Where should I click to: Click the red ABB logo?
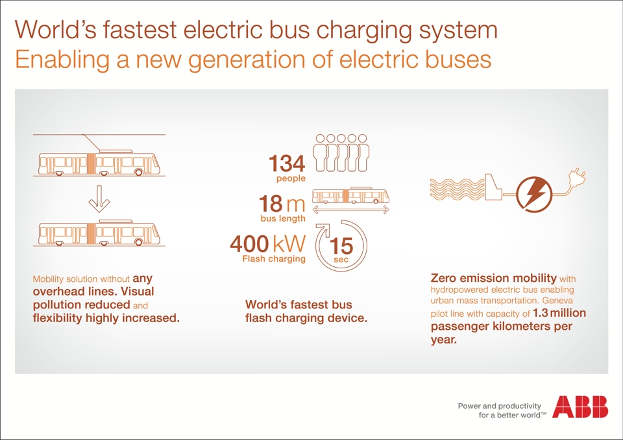[580, 406]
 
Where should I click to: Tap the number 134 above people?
[287, 163]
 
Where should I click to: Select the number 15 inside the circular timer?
[341, 246]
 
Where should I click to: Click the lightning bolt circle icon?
[534, 194]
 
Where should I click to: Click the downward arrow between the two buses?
[99, 199]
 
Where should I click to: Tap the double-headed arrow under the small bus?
[351, 210]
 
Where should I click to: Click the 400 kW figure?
[268, 243]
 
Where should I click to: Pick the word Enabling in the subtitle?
[62, 60]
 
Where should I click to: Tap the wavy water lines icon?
[458, 189]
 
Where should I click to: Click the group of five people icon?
[341, 153]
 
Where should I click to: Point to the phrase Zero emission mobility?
[493, 278]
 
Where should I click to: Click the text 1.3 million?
[559, 312]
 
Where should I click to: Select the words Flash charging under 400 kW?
[274, 259]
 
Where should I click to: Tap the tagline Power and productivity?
[500, 406]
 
